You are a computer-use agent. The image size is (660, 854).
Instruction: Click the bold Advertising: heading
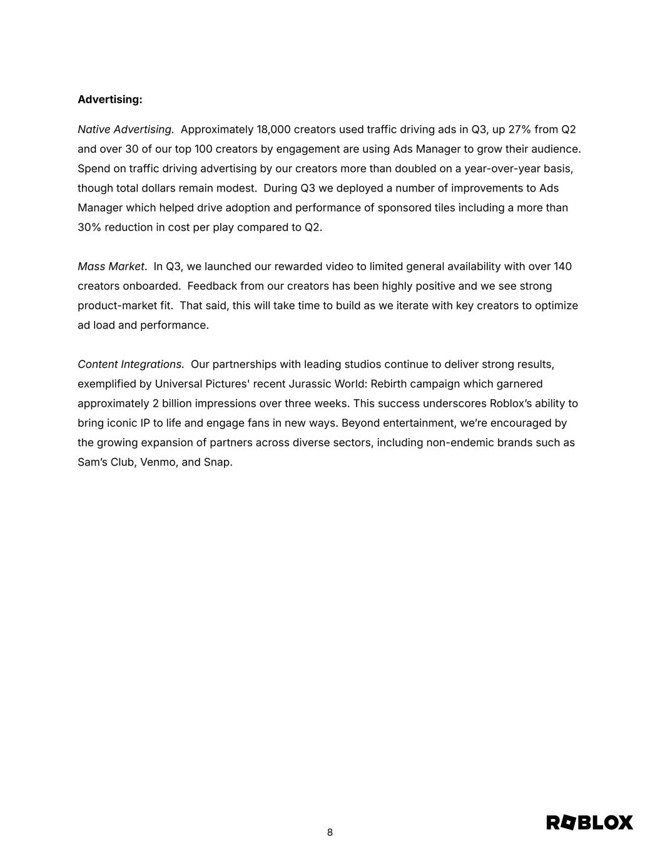tap(109, 99)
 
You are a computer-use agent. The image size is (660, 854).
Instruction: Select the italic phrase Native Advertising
tap(126, 130)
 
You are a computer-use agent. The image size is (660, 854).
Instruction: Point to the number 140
tap(562, 267)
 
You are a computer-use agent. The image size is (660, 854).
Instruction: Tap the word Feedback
tap(212, 286)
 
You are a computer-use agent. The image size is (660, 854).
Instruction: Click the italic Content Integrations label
tap(131, 364)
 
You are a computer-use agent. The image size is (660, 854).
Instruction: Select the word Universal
tap(178, 384)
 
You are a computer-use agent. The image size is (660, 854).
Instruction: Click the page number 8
tap(330, 832)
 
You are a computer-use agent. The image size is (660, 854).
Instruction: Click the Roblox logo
tap(589, 822)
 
